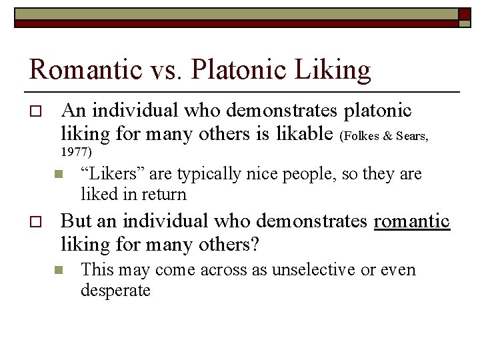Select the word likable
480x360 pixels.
pyautogui.click(x=303, y=133)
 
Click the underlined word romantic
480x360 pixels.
pyautogui.click(x=412, y=221)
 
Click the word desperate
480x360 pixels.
pyautogui.click(x=115, y=291)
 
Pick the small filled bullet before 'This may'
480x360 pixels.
pyautogui.click(x=58, y=271)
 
